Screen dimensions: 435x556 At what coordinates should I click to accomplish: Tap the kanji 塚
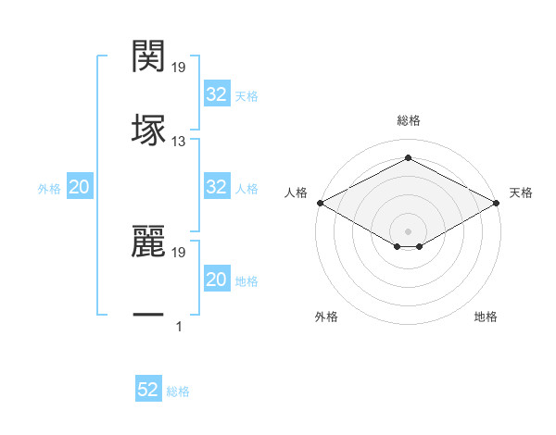(x=148, y=129)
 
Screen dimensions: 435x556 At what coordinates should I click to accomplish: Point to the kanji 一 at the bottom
(x=148, y=316)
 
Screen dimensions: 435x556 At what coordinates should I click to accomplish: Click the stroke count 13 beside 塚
(x=179, y=142)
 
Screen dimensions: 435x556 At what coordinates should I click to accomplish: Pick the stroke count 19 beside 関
(x=179, y=68)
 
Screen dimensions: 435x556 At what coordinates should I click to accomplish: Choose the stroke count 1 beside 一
(x=179, y=327)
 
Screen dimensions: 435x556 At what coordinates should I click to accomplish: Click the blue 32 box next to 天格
(x=216, y=93)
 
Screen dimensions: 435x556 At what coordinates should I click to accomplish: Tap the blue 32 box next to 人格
(x=216, y=187)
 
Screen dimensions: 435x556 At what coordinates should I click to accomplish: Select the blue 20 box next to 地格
(x=216, y=280)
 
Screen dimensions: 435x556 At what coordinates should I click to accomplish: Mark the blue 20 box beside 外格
(x=80, y=187)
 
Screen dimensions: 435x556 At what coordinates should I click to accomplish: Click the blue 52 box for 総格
(x=148, y=390)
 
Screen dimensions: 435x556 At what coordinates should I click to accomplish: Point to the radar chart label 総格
(x=409, y=120)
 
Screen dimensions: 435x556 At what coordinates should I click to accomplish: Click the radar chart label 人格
(x=296, y=193)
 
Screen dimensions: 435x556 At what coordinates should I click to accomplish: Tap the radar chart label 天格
(x=522, y=193)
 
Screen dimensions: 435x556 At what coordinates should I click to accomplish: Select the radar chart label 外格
(x=326, y=317)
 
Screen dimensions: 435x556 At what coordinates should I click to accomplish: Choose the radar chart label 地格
(x=486, y=317)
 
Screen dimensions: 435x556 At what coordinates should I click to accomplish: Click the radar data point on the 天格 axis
(x=498, y=203)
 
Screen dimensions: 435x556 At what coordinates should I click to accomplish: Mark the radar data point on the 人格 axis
(x=319, y=203)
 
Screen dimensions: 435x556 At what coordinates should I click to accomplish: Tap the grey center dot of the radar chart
(x=409, y=230)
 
